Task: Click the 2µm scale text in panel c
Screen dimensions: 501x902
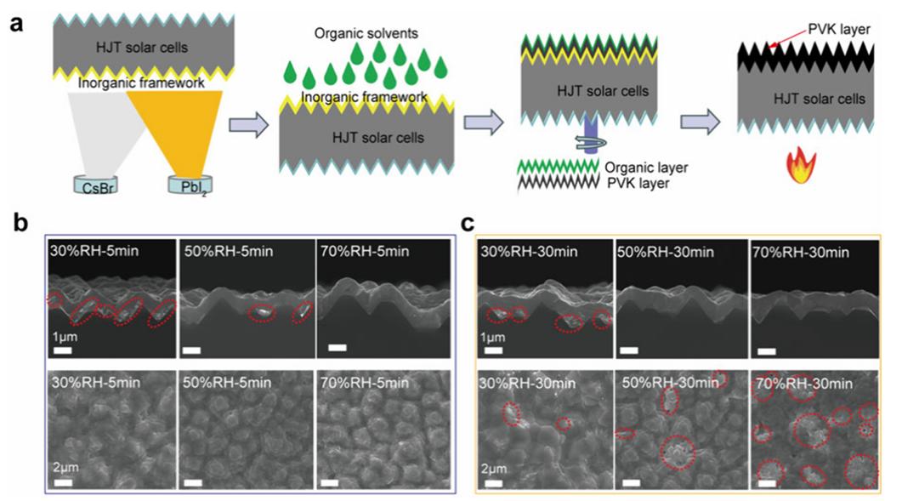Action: point(493,466)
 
